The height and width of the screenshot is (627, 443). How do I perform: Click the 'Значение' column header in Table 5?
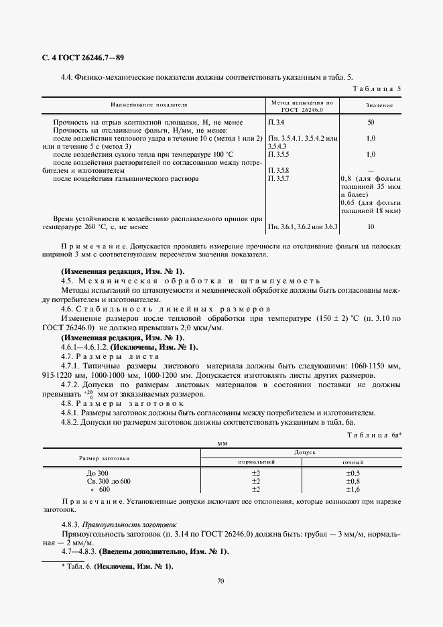(x=379, y=106)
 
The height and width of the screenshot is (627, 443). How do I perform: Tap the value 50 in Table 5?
(x=371, y=123)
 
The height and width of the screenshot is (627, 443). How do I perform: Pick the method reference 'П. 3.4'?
(x=276, y=123)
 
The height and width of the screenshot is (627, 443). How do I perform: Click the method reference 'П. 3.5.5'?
(x=279, y=154)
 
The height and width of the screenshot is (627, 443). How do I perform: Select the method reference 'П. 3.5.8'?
(x=279, y=171)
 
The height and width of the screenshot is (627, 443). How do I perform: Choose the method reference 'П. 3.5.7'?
(x=279, y=179)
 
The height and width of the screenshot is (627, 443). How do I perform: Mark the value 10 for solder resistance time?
(x=371, y=227)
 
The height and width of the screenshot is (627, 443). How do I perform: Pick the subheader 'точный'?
(x=353, y=462)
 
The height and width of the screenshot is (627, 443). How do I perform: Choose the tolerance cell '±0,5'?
(x=353, y=473)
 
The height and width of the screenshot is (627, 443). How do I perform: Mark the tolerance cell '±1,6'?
(x=353, y=489)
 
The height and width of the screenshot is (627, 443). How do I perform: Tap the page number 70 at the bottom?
(x=220, y=581)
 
